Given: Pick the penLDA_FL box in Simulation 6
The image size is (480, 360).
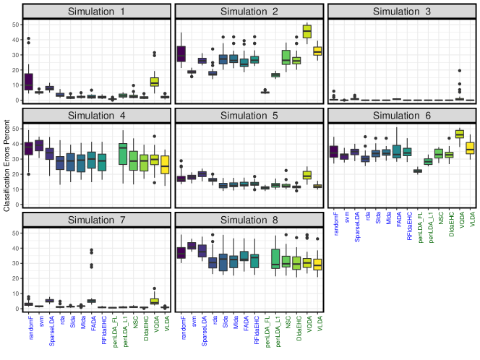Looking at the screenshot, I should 417,171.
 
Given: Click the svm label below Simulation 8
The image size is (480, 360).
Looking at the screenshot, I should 191,325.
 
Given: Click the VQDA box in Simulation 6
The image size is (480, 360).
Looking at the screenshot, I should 459,134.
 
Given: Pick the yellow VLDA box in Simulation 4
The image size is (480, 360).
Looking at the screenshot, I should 165,164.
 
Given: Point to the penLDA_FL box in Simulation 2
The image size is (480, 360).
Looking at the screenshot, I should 265,93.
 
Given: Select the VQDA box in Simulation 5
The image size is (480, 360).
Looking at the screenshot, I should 306,175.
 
